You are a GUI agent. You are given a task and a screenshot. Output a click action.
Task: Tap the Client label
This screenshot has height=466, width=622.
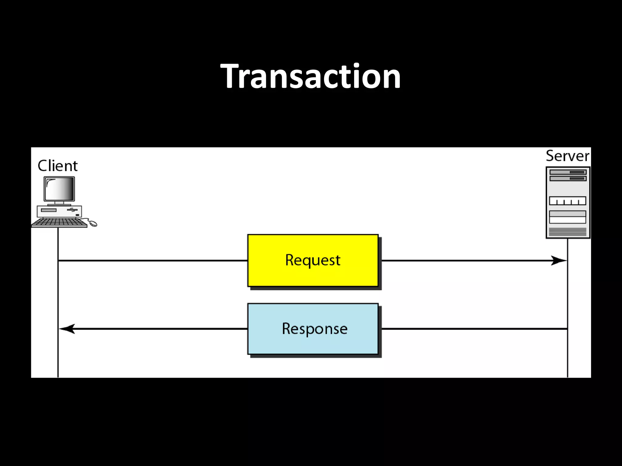coord(57,166)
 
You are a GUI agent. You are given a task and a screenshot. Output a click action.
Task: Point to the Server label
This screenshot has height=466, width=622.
coord(567,156)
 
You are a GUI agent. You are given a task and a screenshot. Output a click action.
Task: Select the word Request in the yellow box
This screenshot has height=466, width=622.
coord(313,260)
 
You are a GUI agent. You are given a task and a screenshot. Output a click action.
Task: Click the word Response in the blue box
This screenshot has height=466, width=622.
coord(314,329)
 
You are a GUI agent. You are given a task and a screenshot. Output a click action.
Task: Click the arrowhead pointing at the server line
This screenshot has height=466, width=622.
coord(559,260)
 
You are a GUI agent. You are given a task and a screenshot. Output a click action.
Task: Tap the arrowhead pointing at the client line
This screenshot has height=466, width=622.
coord(67,329)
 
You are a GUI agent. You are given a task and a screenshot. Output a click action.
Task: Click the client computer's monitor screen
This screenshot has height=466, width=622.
coord(59,188)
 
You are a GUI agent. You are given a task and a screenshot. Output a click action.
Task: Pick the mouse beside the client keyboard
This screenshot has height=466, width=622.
coord(93,224)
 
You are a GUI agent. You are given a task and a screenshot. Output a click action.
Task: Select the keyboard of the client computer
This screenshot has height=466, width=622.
coord(59,223)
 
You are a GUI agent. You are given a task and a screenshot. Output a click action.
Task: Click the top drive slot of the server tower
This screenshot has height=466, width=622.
coord(568,172)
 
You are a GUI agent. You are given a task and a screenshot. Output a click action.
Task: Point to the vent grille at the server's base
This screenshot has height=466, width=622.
coord(568,232)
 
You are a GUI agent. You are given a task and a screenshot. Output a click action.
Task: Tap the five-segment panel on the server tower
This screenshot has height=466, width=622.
coord(567,201)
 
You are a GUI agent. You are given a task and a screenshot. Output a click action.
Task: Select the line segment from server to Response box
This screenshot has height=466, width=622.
coord(474,329)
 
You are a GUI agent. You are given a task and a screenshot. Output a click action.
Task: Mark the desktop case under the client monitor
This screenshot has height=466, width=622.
coord(60,211)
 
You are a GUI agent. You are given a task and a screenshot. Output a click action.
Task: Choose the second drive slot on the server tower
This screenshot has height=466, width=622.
coord(568,178)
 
